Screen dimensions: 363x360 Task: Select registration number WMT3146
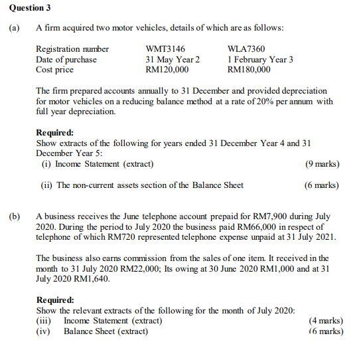pos(165,49)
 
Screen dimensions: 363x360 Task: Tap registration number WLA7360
pos(246,49)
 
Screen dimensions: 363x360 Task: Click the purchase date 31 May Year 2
pos(173,59)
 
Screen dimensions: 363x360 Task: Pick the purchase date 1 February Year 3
pos(260,59)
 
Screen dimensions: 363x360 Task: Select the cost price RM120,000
pos(167,69)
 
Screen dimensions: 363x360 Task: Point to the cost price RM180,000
pos(249,69)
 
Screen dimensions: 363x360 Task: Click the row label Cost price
pos(54,69)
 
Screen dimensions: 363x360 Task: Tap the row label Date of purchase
pos(66,59)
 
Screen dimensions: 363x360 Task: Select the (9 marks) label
pos(322,164)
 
